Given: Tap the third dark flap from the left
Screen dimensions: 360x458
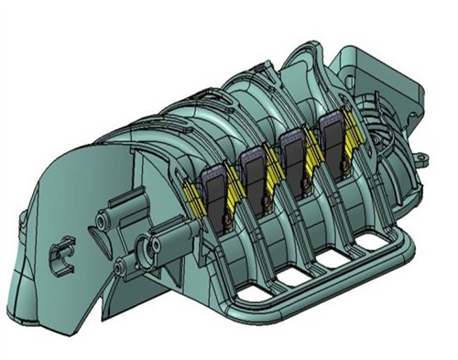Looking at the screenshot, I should point(293,156).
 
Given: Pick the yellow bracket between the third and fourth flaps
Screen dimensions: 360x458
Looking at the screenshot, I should point(314,152).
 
